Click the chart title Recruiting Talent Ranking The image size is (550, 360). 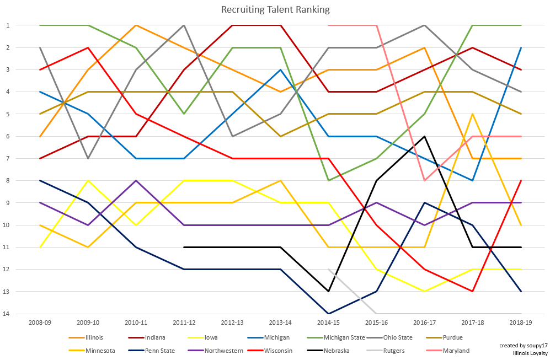click(275, 9)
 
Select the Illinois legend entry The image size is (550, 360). click(94, 337)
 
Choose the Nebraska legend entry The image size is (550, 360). click(336, 351)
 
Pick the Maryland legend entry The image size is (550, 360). click(455, 351)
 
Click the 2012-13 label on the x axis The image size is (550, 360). click(232, 321)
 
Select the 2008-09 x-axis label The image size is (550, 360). click(40, 321)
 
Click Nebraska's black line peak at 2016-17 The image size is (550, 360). click(424, 136)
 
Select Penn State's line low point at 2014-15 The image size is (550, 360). click(328, 314)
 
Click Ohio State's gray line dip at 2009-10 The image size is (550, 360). click(88, 158)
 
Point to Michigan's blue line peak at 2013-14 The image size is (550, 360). click(280, 69)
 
